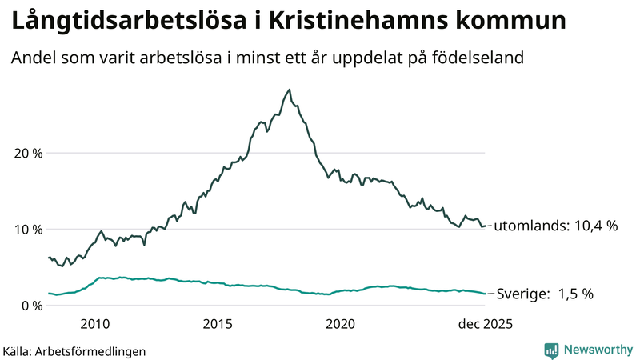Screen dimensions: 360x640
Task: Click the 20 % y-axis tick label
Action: pos(28,153)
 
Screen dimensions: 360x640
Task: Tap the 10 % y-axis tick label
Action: pos(28,229)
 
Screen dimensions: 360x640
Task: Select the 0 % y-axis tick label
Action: pos(31,305)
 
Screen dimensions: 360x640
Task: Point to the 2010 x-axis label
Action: pos(94,324)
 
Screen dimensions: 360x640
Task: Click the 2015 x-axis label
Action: pos(218,324)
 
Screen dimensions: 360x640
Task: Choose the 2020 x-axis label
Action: pos(341,324)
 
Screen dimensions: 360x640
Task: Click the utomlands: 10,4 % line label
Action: pos(556,226)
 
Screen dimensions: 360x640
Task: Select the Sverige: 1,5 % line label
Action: pos(545,294)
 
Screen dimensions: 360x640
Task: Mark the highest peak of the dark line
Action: pos(290,90)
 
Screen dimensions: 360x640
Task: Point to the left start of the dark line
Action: pos(49,258)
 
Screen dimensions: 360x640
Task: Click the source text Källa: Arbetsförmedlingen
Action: pos(74,351)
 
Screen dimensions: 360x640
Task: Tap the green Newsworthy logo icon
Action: pos(551,350)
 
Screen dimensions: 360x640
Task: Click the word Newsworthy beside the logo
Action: pos(597,350)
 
